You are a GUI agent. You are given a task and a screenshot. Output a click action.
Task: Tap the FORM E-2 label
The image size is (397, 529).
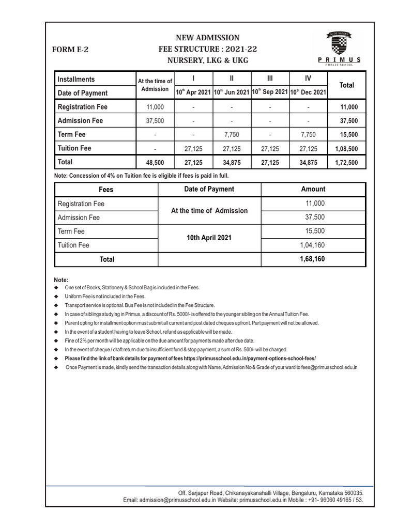(x=70, y=50)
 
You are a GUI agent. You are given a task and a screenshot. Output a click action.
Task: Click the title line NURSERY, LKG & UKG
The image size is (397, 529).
(x=207, y=60)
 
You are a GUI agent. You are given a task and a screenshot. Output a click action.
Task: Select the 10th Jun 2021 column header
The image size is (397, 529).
(x=232, y=92)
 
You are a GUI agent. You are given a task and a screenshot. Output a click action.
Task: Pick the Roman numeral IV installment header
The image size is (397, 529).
(x=308, y=79)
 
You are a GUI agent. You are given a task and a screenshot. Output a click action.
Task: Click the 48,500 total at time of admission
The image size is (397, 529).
(x=155, y=162)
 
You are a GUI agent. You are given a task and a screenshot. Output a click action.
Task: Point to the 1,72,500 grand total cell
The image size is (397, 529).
(x=346, y=162)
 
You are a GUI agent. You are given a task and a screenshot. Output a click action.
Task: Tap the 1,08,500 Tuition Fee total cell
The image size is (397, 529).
(x=346, y=148)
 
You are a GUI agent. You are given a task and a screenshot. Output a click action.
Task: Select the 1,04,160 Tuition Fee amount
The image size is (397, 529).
(x=312, y=245)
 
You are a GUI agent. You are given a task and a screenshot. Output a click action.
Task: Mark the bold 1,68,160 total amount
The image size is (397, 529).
(x=312, y=258)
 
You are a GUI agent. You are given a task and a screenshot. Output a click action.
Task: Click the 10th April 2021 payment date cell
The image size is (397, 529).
(x=209, y=238)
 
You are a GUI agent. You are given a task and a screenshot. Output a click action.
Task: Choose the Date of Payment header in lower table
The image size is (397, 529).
(x=209, y=189)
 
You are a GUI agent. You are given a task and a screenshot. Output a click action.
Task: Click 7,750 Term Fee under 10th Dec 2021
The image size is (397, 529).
(x=308, y=134)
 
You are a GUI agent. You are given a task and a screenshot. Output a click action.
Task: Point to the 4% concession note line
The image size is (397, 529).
(x=141, y=176)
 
